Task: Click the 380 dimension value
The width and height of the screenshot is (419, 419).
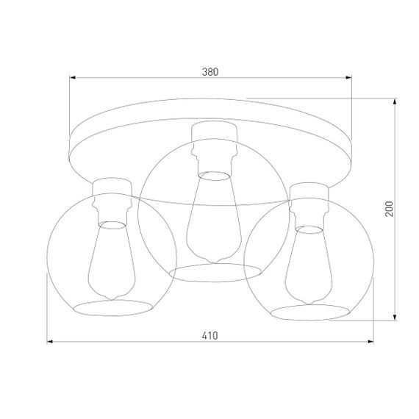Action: pyautogui.click(x=211, y=72)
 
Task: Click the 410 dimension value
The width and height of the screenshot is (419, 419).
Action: pyautogui.click(x=211, y=335)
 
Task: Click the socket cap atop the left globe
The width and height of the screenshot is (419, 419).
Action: pyautogui.click(x=110, y=187)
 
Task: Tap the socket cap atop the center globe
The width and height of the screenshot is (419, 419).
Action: pyautogui.click(x=213, y=133)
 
